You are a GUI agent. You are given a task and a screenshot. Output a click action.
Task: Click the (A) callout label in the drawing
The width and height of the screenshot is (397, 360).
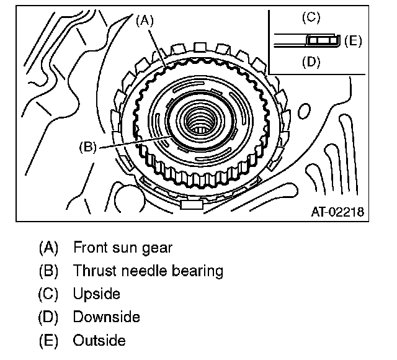click(x=144, y=20)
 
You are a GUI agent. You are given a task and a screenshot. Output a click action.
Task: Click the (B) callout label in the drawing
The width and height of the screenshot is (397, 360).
click(x=87, y=147)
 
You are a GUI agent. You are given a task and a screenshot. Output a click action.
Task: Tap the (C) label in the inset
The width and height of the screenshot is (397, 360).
click(x=311, y=18)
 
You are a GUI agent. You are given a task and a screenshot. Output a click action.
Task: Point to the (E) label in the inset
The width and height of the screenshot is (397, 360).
click(x=352, y=41)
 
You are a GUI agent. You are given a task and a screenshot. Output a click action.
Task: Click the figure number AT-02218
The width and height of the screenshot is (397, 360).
click(x=337, y=212)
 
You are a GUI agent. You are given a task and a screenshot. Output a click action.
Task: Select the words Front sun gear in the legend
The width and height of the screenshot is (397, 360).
click(x=123, y=247)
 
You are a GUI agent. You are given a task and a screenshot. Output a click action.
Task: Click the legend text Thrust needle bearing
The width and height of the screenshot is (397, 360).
click(x=148, y=271)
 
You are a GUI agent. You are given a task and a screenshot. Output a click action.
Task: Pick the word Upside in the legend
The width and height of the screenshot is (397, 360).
click(x=97, y=294)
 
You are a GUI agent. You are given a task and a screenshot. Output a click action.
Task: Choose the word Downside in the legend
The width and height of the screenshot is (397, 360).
click(x=106, y=317)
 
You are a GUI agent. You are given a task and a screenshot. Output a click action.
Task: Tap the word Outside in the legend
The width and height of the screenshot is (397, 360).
click(x=99, y=340)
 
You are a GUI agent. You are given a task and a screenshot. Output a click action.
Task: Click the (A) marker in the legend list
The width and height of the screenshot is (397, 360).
click(x=48, y=247)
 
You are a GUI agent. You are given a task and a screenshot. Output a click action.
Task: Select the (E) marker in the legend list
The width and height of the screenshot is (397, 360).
click(x=48, y=340)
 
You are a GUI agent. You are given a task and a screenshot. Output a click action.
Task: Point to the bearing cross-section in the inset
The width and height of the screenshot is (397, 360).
click(x=322, y=41)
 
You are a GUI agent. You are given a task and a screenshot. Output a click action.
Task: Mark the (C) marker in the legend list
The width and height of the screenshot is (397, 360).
click(x=48, y=294)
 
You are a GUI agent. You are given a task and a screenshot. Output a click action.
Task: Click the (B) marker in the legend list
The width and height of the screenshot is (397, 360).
click(x=48, y=271)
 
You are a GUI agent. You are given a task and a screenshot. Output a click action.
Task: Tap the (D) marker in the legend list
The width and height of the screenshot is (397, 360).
click(x=48, y=317)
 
